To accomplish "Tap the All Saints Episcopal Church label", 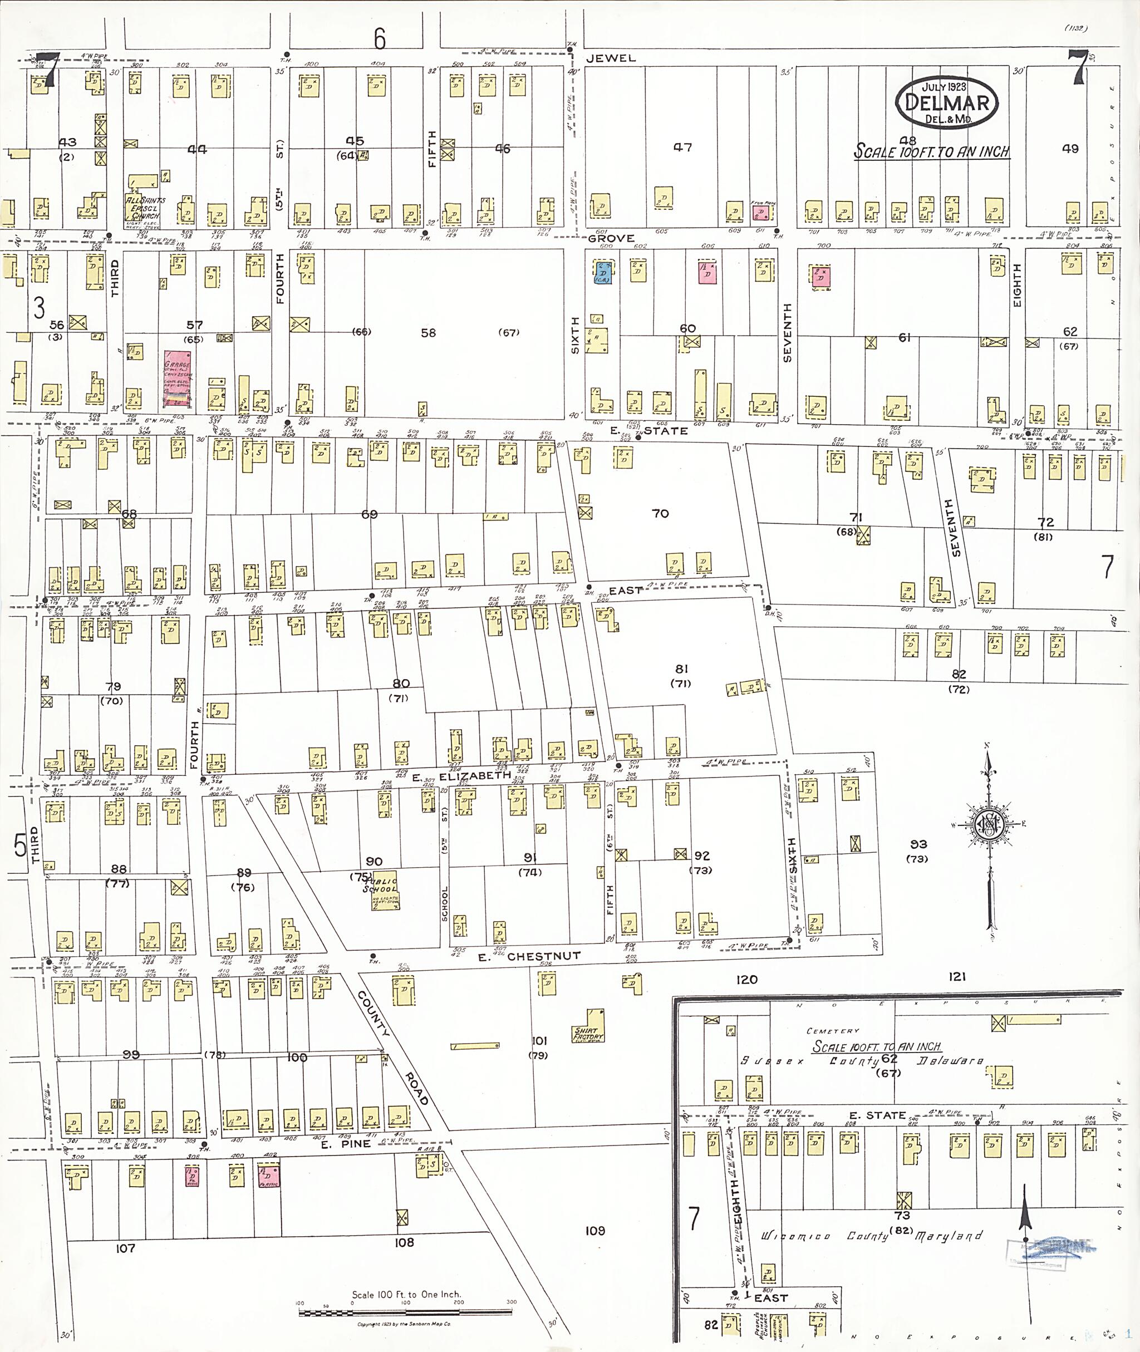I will click(145, 208).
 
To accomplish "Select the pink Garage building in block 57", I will click(178, 380).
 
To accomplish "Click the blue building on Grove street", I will click(603, 273).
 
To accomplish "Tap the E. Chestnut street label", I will click(529, 956).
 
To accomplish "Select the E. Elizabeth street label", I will click(461, 775).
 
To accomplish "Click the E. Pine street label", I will click(346, 1144).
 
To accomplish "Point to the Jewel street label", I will click(611, 58).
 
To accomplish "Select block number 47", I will click(682, 148).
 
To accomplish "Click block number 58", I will click(428, 333).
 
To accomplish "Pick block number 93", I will click(918, 844).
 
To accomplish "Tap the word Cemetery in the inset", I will click(833, 1031).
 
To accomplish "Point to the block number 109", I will click(594, 1231).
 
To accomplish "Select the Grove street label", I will click(611, 238).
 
